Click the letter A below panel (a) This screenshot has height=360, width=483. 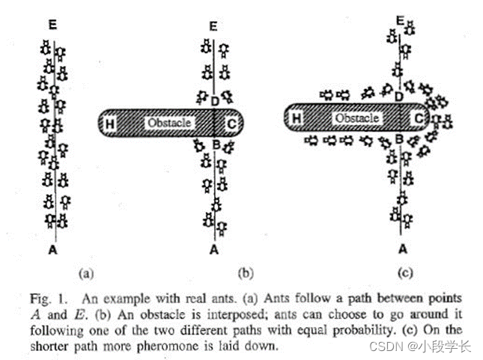tap(52, 249)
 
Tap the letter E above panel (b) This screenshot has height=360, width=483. tap(213, 27)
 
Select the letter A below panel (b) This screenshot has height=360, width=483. tap(214, 249)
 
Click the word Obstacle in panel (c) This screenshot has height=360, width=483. tap(357, 118)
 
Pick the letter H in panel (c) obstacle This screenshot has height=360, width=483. tap(296, 118)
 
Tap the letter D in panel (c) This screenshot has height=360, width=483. tap(399, 97)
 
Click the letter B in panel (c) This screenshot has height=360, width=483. tap(399, 139)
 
